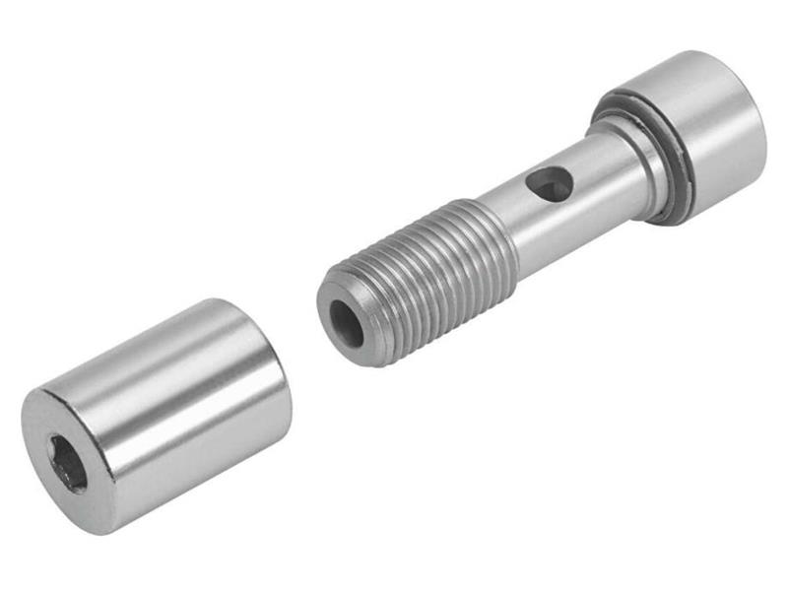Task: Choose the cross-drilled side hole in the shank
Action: tap(548, 182)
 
